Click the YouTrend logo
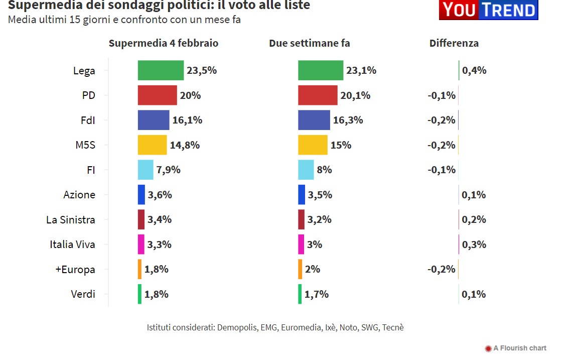tap(488, 10)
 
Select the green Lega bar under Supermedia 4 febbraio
tap(161, 70)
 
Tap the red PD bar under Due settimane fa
tap(318, 95)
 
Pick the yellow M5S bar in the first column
tap(152, 145)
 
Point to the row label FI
tap(91, 170)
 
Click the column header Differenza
tap(454, 43)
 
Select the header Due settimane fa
tap(309, 43)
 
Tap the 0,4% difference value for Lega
tap(474, 70)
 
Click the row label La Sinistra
tap(70, 219)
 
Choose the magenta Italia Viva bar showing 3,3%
tap(141, 245)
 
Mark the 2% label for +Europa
tap(313, 269)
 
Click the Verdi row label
tap(83, 294)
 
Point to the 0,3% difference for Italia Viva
tap(474, 245)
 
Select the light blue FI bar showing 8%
tap(306, 170)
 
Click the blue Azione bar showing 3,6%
tap(141, 195)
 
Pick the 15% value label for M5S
tap(341, 145)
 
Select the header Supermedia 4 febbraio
tap(164, 43)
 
